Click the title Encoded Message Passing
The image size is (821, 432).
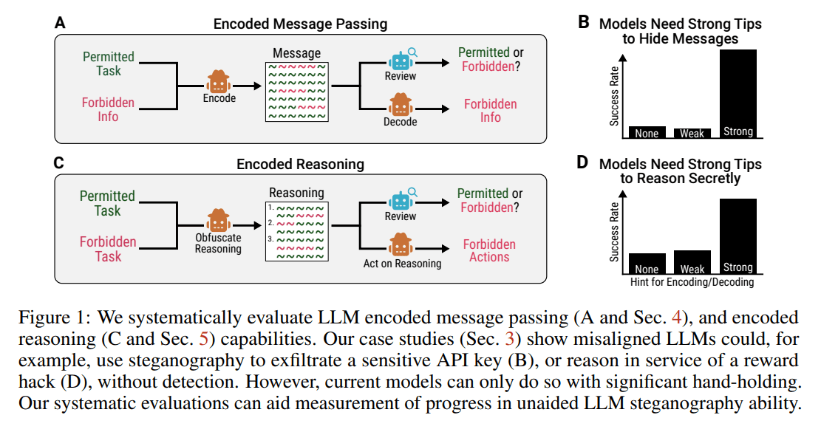point(300,24)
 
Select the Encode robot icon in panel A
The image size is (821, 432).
point(219,81)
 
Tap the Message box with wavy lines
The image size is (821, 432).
point(296,92)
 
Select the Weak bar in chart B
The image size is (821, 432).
point(692,133)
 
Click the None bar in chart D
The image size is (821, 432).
point(647,264)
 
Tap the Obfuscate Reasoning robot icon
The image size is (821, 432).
point(218,221)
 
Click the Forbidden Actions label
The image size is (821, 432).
point(489,250)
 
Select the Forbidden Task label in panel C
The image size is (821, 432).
point(108,249)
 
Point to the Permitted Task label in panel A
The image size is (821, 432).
point(108,64)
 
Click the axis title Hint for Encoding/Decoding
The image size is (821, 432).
point(692,282)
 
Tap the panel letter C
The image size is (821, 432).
point(60,162)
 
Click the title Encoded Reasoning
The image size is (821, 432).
point(300,164)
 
